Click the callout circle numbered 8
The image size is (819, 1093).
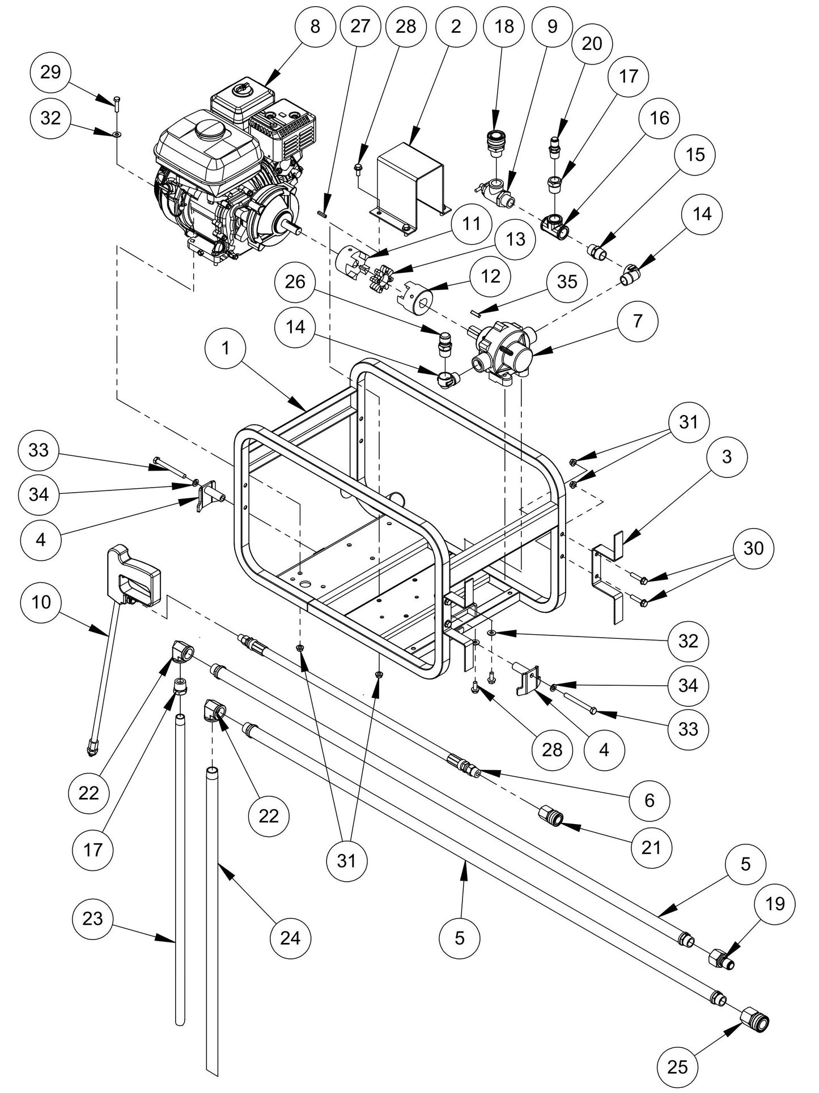click(315, 27)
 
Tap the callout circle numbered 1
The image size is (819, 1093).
click(226, 348)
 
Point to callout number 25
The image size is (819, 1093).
click(677, 1067)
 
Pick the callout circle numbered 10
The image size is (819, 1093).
click(41, 602)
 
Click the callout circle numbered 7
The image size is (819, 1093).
click(638, 321)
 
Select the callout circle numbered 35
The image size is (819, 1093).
click(567, 281)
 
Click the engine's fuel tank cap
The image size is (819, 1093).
click(210, 130)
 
